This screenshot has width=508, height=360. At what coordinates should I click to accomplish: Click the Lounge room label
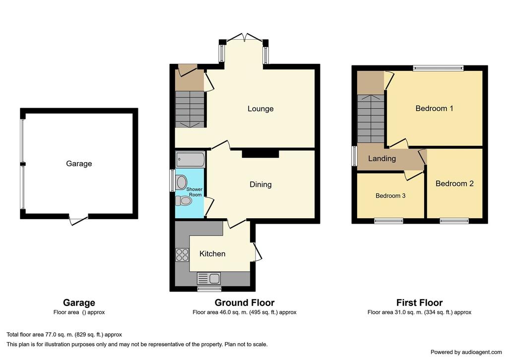tap(260, 109)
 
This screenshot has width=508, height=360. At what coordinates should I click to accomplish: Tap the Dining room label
tap(260, 184)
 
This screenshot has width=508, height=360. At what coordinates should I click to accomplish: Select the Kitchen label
tap(212, 254)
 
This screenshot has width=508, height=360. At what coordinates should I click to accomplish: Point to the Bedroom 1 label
tap(434, 109)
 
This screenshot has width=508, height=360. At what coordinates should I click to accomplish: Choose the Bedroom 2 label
tap(454, 184)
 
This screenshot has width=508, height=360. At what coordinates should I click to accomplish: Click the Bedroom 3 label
tap(390, 196)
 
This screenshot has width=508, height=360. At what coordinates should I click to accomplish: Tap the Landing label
tap(382, 159)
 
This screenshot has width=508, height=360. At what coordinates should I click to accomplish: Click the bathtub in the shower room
tap(190, 160)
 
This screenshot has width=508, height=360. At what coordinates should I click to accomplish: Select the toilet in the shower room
tap(184, 201)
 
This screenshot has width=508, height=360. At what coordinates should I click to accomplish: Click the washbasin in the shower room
tap(181, 182)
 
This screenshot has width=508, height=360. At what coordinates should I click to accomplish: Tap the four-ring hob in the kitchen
tap(182, 254)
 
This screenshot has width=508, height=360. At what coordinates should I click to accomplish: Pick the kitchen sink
tap(209, 278)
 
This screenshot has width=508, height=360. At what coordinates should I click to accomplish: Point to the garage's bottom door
tap(78, 219)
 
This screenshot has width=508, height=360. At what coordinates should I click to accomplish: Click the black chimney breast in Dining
tap(260, 153)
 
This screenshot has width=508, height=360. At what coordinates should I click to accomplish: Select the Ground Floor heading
tap(245, 303)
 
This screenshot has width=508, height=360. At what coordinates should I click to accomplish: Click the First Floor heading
tap(420, 303)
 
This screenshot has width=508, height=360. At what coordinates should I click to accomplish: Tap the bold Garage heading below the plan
tap(79, 303)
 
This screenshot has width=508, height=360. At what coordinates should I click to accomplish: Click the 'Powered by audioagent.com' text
tap(466, 352)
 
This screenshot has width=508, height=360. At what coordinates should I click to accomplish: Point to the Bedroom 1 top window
tap(439, 68)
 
